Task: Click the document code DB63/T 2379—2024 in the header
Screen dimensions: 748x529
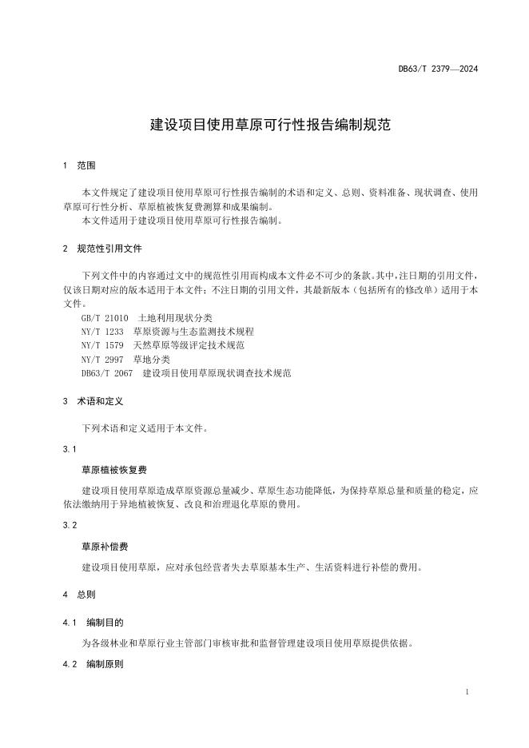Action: pyautogui.click(x=438, y=70)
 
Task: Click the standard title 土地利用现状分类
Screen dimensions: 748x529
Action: pyautogui.click(x=175, y=318)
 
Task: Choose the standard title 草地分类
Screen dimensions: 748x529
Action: pyautogui.click(x=150, y=359)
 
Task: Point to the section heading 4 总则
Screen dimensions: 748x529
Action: pyautogui.click(x=78, y=595)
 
